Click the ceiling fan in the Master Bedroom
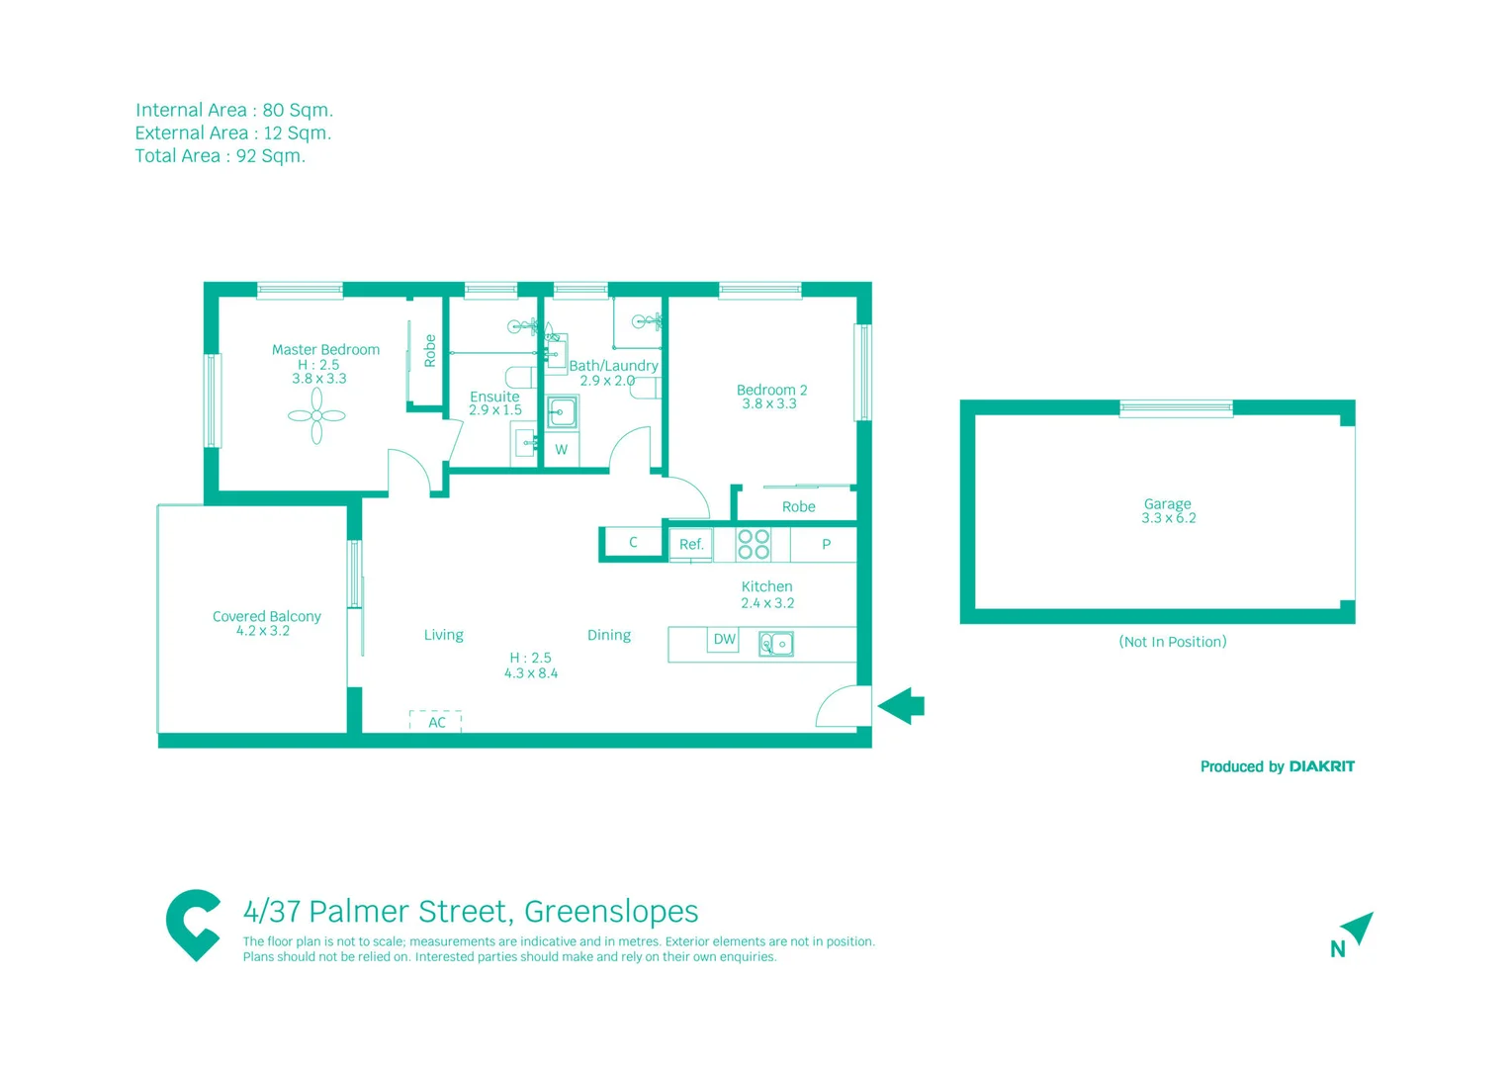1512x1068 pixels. (x=316, y=415)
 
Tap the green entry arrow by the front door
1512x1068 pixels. (x=901, y=706)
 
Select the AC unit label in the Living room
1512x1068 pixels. (x=436, y=722)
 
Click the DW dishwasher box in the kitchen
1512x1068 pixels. (x=724, y=640)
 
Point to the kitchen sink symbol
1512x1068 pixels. (x=776, y=644)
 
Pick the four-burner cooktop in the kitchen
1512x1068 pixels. (x=754, y=545)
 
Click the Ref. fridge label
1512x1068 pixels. (x=691, y=544)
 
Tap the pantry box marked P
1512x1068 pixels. (x=826, y=544)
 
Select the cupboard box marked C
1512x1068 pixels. (x=633, y=542)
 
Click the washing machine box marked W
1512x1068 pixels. (x=561, y=450)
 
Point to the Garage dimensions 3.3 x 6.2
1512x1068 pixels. (x=1168, y=518)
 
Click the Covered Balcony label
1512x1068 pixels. (x=266, y=616)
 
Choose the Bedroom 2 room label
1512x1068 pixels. (x=771, y=390)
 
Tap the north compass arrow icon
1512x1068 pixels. (x=1358, y=928)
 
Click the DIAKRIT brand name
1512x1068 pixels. (x=1321, y=766)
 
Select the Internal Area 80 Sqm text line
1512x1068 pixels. (x=234, y=110)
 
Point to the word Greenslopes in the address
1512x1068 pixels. (x=611, y=911)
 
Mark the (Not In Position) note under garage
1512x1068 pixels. (x=1172, y=642)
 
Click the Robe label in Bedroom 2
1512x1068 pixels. (x=798, y=506)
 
